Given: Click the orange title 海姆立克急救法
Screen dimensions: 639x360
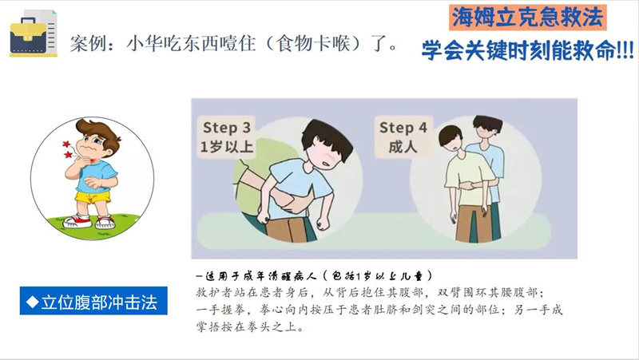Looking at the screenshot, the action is click(x=528, y=18).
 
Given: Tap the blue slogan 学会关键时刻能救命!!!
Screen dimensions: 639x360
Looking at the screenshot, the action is click(x=528, y=50).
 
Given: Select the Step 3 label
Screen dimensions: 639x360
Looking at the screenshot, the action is click(x=227, y=128).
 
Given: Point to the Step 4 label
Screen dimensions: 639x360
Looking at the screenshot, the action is click(x=403, y=128).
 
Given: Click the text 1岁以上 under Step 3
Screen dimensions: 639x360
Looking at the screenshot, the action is click(x=227, y=147).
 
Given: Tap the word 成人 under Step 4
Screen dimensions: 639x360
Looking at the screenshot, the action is click(x=403, y=147).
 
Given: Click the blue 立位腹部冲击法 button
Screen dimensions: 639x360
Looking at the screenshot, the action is click(x=93, y=301).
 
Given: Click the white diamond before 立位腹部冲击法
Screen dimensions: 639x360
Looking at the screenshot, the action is click(x=32, y=302).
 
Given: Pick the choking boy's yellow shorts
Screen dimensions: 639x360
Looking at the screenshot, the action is click(x=93, y=197).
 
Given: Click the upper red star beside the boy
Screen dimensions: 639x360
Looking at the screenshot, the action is click(x=66, y=144).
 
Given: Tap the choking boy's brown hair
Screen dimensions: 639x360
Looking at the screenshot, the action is click(x=97, y=129).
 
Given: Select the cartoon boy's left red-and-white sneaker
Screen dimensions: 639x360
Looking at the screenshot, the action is click(x=77, y=221).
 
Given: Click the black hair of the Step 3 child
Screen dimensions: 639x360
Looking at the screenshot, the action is click(x=327, y=138).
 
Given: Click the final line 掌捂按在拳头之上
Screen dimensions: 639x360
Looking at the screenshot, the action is click(x=250, y=326).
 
